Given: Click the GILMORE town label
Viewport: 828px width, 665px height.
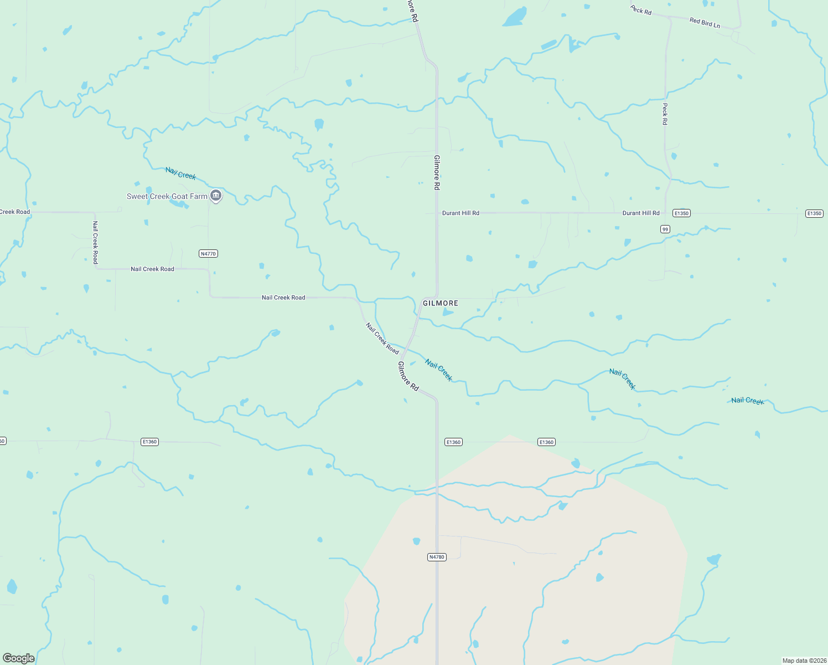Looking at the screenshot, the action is point(440,303).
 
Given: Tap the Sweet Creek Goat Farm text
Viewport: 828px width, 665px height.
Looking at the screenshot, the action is point(167,196).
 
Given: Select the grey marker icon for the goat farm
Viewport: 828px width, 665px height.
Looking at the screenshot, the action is point(216,196).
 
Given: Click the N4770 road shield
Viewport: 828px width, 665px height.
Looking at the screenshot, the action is point(208,254).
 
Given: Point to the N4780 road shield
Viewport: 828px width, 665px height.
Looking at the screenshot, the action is point(436,557).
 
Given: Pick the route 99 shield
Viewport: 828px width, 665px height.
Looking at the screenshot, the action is point(665,229).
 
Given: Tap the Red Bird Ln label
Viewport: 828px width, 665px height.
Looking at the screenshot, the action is point(705,23).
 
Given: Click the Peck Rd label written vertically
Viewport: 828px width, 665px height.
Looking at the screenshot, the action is point(665,114).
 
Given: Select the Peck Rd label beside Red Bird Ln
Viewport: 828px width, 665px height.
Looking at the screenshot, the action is point(641,10).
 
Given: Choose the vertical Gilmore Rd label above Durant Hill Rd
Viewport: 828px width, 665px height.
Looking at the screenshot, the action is point(437,172).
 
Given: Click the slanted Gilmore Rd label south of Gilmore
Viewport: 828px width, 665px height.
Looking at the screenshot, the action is point(408,376).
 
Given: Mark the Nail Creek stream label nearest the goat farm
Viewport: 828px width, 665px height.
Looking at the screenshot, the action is point(180,174).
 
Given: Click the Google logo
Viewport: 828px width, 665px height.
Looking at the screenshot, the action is point(18,658).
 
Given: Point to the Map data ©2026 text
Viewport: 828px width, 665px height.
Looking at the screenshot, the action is point(804,661).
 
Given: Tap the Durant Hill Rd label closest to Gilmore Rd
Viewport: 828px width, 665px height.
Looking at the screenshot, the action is point(460,213).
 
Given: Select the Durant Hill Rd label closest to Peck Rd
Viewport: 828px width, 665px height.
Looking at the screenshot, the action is point(641,213).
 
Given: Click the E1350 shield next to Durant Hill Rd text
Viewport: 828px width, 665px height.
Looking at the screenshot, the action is point(681,213).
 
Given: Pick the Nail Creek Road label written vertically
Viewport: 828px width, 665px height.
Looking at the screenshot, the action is point(95,242).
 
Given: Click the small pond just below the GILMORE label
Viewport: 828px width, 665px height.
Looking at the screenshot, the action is point(447,313).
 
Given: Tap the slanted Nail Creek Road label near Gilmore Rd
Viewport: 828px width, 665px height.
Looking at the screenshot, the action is point(382,338).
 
